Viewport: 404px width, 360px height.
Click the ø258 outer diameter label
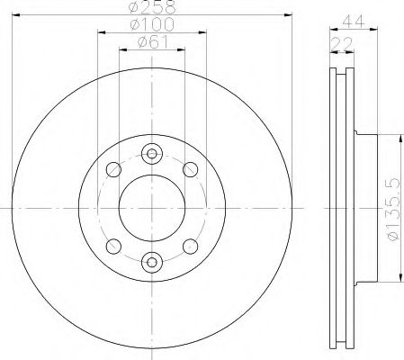(x=151, y=7)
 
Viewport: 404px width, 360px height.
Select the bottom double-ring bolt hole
(x=151, y=262)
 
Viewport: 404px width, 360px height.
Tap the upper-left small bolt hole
(x=112, y=168)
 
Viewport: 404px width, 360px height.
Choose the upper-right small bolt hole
(x=190, y=168)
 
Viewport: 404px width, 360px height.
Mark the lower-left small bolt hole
(x=112, y=245)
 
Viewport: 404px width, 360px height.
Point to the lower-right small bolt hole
(x=190, y=245)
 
